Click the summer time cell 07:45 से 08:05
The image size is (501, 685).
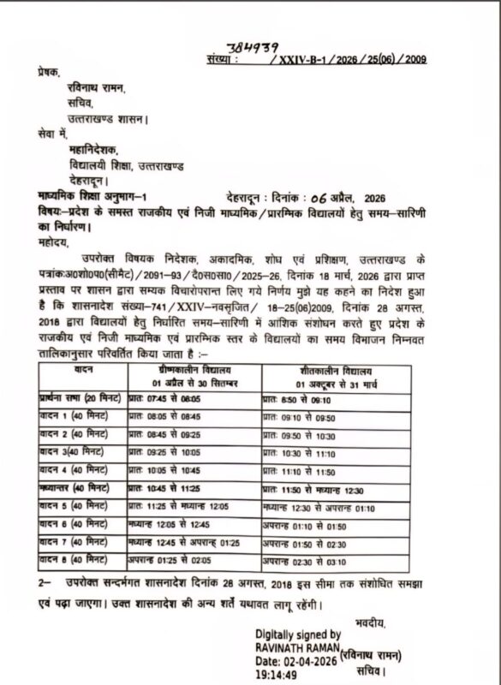coord(164,399)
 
